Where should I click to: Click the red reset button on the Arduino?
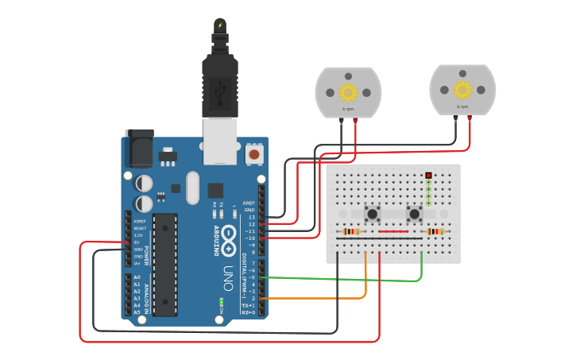point(254,153)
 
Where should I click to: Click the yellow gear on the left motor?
point(348,91)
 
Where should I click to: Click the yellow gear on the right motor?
point(462,89)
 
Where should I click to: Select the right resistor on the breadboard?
point(435,232)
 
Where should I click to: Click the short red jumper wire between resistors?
point(393,232)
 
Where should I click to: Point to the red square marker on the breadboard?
point(428,175)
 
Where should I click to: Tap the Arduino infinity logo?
point(230,235)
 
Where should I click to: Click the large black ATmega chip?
point(165,264)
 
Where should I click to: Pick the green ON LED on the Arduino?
point(222,302)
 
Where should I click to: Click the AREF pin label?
point(249,203)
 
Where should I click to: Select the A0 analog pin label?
point(137,277)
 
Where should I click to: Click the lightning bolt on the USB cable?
point(219,25)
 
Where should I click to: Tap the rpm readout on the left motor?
point(348,108)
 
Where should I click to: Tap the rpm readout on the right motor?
point(462,106)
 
